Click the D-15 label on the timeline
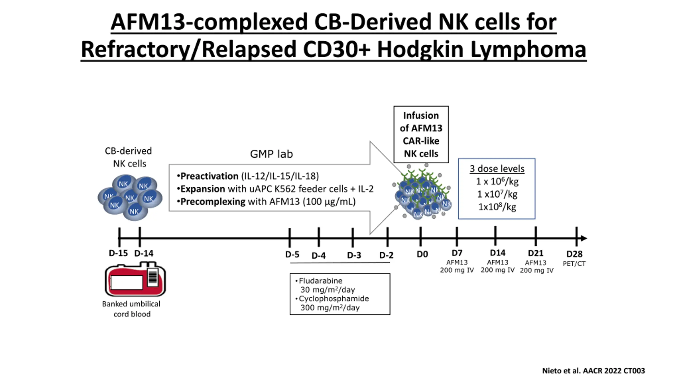point(118,253)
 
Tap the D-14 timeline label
point(144,253)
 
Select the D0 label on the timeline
point(422,254)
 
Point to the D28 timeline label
point(574,254)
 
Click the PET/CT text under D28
point(574,264)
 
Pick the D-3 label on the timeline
point(354,255)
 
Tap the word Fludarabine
point(320,281)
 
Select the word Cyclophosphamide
point(334,299)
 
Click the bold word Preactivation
point(209,176)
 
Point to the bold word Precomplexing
point(213,202)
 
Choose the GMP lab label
point(271,154)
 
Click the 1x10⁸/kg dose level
point(497,207)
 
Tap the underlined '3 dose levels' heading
point(497,169)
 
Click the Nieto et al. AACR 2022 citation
point(593,371)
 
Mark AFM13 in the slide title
point(148,22)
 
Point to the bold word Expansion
point(203,189)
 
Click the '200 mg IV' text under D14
point(497,270)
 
